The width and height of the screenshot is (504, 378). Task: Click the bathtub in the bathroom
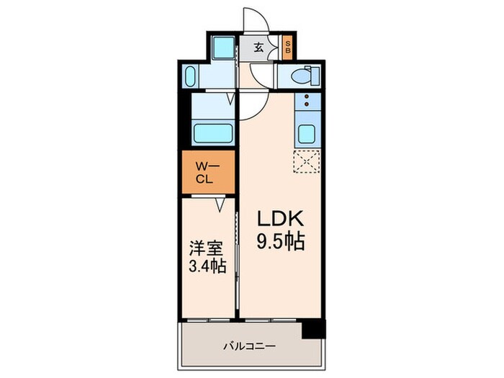[212, 134]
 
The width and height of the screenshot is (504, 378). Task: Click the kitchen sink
[307, 133]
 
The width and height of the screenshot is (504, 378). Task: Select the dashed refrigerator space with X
[307, 163]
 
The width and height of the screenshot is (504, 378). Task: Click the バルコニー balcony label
[248, 346]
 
